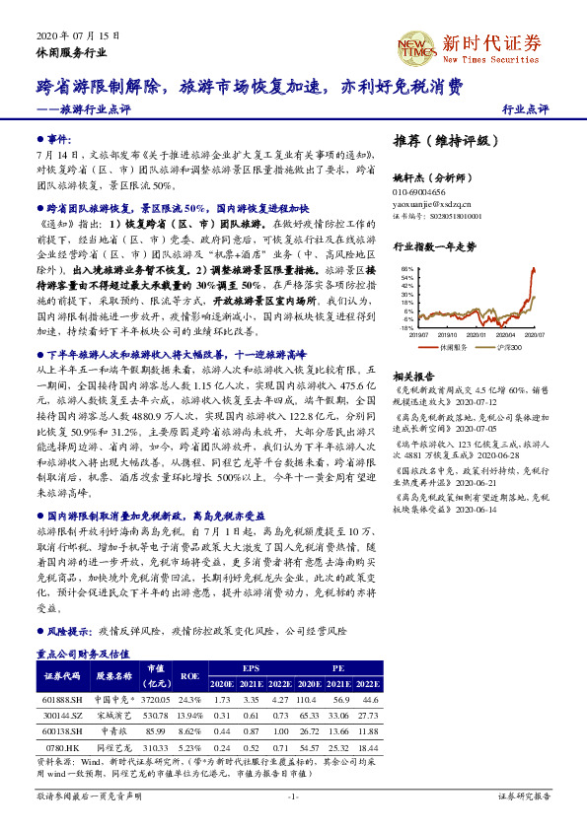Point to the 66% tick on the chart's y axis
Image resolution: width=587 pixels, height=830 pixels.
(x=405, y=268)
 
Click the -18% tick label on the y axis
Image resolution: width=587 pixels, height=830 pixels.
(x=405, y=327)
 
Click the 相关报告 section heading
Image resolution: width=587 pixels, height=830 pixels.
(x=413, y=377)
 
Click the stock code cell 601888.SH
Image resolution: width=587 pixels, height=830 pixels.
(x=61, y=698)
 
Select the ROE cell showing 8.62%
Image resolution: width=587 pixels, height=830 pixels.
(x=188, y=729)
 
